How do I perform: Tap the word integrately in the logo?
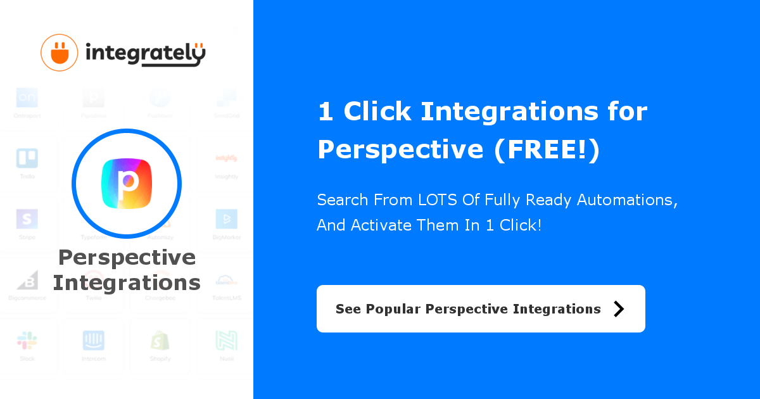pos(145,54)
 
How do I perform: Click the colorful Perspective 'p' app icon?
pos(127,184)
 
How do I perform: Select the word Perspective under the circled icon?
pos(127,258)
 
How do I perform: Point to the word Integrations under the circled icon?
pos(127,282)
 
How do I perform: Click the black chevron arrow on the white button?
pos(619,308)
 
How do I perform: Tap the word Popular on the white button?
pos(393,309)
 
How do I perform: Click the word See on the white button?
pos(348,309)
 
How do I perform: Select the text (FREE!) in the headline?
pos(546,149)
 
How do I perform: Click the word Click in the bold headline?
pos(378,112)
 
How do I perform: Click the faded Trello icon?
pos(27,158)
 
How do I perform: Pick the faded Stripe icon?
pos(27,219)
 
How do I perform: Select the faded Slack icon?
pos(27,341)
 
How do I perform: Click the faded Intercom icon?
pos(94,341)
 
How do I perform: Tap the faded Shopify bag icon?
pos(160,341)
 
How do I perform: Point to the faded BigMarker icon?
pos(226,219)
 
